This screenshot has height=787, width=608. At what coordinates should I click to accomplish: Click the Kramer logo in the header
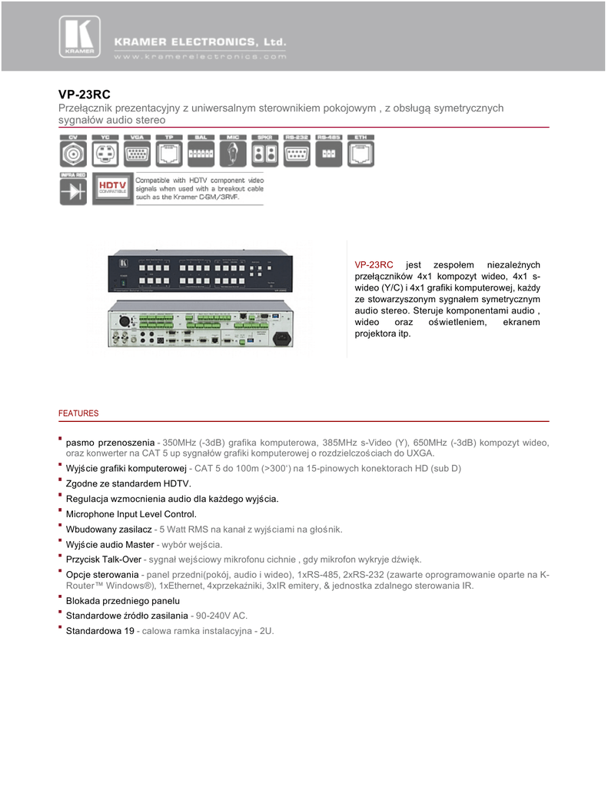click(78, 36)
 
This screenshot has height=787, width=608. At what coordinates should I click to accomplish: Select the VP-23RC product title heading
click(85, 95)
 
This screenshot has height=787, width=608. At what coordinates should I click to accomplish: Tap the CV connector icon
click(74, 153)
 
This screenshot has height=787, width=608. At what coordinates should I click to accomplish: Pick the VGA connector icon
click(138, 153)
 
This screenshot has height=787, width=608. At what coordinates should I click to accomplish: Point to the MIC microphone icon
click(233, 153)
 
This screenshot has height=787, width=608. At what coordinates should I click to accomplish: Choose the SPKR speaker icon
click(264, 153)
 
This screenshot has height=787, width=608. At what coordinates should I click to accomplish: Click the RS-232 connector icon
click(297, 153)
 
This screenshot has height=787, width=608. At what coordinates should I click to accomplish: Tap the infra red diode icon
click(74, 191)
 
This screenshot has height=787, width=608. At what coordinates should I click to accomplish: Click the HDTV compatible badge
click(111, 189)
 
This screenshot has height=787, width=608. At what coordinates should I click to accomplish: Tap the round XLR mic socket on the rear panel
click(125, 321)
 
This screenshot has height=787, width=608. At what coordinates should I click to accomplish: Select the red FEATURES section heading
click(78, 413)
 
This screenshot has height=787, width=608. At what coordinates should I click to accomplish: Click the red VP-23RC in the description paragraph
click(374, 264)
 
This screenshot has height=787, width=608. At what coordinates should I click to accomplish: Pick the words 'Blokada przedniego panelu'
click(123, 600)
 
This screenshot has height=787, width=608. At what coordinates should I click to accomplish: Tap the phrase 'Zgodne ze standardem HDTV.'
click(128, 483)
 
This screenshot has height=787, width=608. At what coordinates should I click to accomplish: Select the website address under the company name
click(200, 56)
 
